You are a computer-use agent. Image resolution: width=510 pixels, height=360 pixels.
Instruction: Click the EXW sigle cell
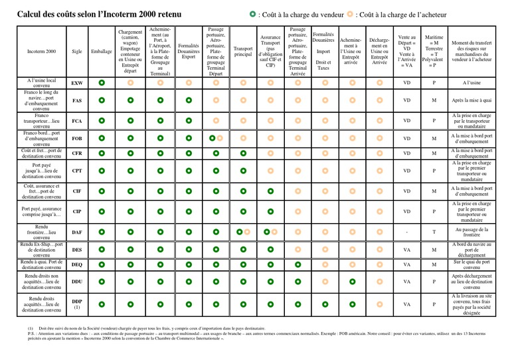coord(77,83)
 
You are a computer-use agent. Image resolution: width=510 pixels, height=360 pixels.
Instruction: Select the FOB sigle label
coord(77,138)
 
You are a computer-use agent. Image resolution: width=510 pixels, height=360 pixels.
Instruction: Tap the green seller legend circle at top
coord(252,14)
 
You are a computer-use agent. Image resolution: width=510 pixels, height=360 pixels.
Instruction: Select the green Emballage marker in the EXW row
coord(102,83)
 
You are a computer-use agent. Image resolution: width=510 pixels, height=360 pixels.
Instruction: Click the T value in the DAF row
coord(434,232)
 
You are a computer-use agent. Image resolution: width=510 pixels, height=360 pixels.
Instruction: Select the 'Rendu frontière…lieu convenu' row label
coord(42,232)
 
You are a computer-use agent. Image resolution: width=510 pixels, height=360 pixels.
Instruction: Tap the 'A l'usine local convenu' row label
coord(42,83)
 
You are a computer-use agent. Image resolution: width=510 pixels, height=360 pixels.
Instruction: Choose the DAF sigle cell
coord(77,232)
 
